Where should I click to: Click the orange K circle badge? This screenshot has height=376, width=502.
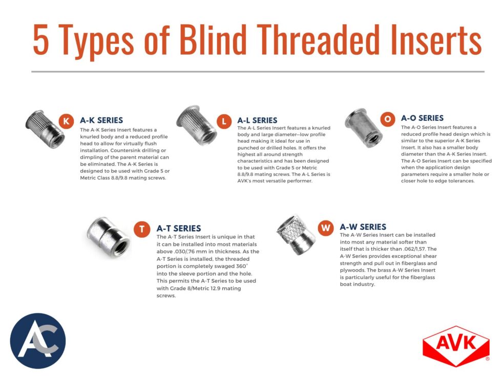click(66, 121)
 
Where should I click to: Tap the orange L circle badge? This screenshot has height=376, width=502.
click(223, 121)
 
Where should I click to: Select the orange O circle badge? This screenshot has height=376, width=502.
click(387, 119)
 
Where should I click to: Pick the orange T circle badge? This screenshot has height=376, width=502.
click(141, 229)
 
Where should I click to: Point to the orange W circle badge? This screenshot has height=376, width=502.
click(325, 227)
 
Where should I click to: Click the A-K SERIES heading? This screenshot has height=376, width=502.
click(101, 120)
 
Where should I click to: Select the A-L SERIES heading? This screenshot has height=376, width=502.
click(257, 120)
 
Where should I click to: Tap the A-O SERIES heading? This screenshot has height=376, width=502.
click(422, 118)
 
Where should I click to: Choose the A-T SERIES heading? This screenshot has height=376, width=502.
click(178, 228)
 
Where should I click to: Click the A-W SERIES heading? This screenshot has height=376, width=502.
click(363, 227)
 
